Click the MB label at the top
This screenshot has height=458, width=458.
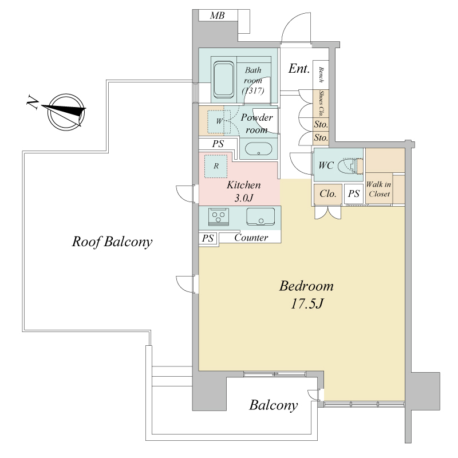coord(218,15)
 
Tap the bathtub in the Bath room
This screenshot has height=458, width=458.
coord(224,80)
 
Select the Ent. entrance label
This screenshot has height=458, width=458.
coord(299,69)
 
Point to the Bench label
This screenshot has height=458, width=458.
coord(321,75)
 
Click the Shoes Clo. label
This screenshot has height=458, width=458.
coord(321,104)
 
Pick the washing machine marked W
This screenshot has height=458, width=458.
coord(219,121)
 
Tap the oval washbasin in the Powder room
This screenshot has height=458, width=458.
coord(259,149)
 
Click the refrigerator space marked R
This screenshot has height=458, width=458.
coord(216,166)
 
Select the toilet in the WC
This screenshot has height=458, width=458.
coord(350,166)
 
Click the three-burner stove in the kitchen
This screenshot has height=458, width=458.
coord(219,217)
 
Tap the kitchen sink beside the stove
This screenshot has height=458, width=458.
coord(260,216)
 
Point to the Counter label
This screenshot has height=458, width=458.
coord(251,238)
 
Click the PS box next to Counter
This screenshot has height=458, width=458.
coord(208,238)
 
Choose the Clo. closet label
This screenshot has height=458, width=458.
coord(327,194)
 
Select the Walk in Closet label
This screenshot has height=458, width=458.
coord(379,189)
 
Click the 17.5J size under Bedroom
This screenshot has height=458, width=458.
coord(306,304)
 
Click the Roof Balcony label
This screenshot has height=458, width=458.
coord(112,242)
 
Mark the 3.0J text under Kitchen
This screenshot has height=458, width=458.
coord(243,198)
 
